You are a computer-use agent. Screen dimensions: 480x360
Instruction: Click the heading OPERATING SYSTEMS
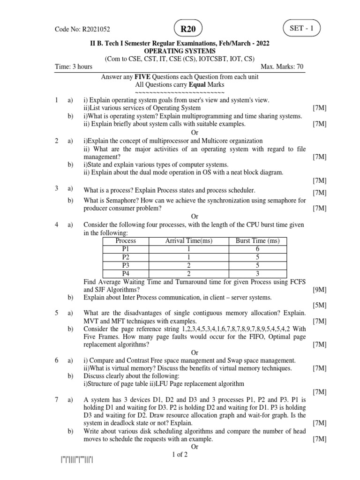click(x=180, y=51)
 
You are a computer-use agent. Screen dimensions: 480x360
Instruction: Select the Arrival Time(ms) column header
click(x=189, y=241)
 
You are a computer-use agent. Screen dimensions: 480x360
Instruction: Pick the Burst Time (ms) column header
click(x=257, y=241)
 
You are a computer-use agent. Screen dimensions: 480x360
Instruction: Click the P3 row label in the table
click(x=126, y=265)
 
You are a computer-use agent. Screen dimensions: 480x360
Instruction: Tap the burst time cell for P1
click(x=257, y=249)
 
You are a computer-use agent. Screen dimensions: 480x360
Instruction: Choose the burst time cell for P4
click(x=257, y=273)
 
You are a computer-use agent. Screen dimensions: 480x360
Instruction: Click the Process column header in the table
click(x=126, y=241)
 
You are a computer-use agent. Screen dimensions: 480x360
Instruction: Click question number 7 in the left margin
click(x=57, y=400)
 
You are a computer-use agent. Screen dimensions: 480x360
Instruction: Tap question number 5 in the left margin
click(x=57, y=313)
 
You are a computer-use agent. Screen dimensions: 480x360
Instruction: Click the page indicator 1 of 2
click(x=180, y=455)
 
